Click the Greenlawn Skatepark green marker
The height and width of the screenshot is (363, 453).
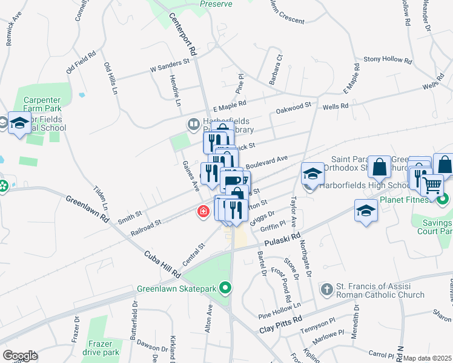[x=226, y=288]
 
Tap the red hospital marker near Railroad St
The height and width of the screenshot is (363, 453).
[x=203, y=212]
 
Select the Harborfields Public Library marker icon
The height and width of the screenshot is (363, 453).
[x=193, y=125]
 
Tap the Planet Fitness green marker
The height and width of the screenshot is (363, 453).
[x=443, y=198]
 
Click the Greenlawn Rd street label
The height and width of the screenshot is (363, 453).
[x=87, y=208]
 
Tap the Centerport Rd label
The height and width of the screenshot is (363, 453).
[x=184, y=35]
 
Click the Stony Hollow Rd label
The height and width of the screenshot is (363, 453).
[x=388, y=60]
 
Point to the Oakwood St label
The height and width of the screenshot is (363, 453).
[x=293, y=107]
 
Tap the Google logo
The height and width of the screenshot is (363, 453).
[x=20, y=356]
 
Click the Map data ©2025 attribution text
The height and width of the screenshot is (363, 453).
[x=427, y=358]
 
